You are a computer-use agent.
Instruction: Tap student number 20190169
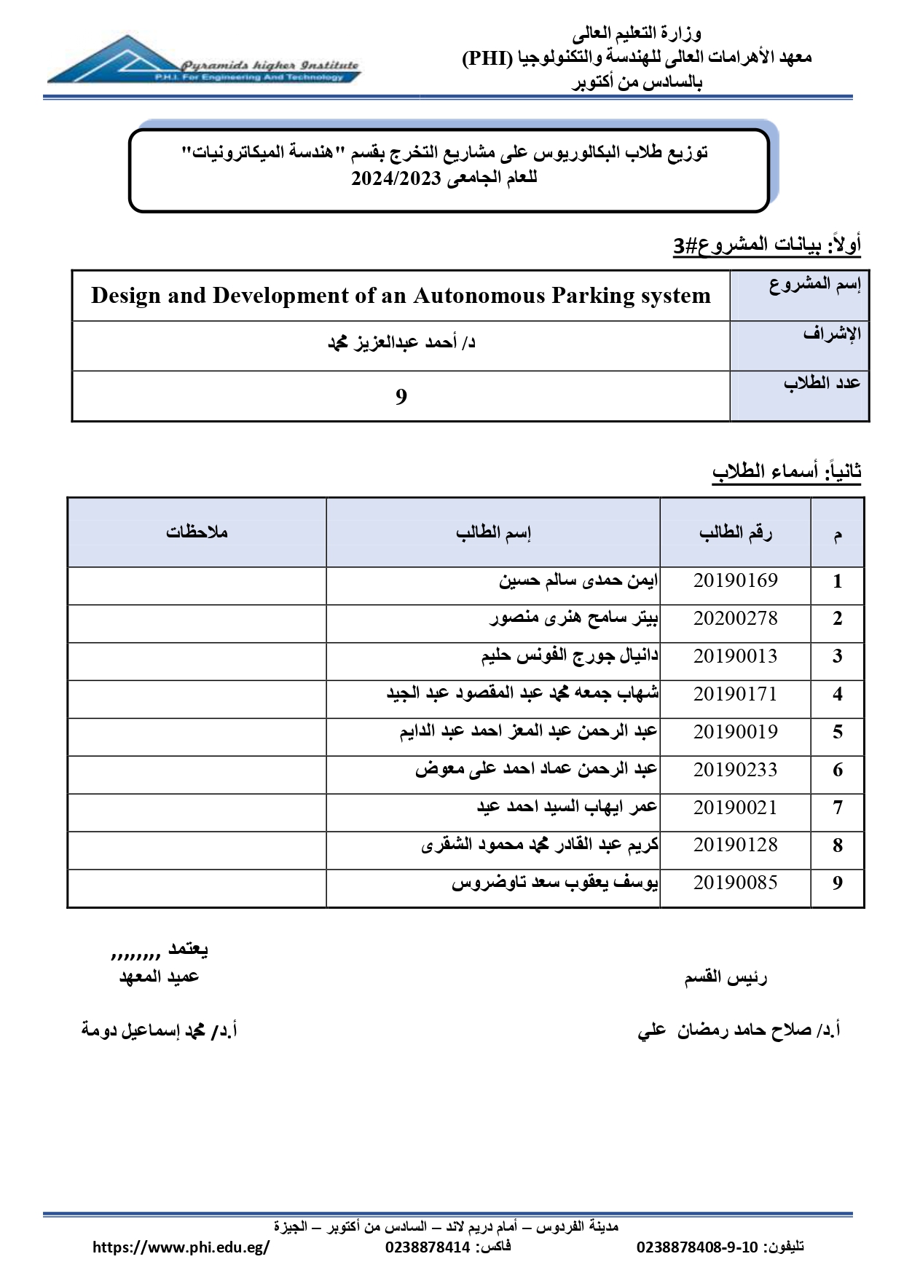tap(735, 581)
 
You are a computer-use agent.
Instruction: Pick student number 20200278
tap(735, 619)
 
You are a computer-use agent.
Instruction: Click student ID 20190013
tap(735, 657)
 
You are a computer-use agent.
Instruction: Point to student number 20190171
tap(735, 695)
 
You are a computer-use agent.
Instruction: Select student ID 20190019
tap(735, 733)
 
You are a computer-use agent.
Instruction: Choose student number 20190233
tap(735, 770)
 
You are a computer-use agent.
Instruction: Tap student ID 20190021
tap(735, 808)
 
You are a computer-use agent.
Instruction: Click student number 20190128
tap(735, 845)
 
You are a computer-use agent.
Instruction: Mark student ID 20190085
tap(735, 883)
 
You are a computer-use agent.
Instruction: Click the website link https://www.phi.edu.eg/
tap(181, 1247)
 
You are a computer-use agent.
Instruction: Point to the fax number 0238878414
tap(428, 1247)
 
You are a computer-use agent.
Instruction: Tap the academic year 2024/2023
tap(396, 179)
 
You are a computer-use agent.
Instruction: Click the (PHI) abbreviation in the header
tap(487, 58)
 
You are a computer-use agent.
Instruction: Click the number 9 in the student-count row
tap(401, 397)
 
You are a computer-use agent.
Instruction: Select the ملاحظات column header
tap(197, 532)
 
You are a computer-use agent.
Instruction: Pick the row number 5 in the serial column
tap(838, 733)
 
